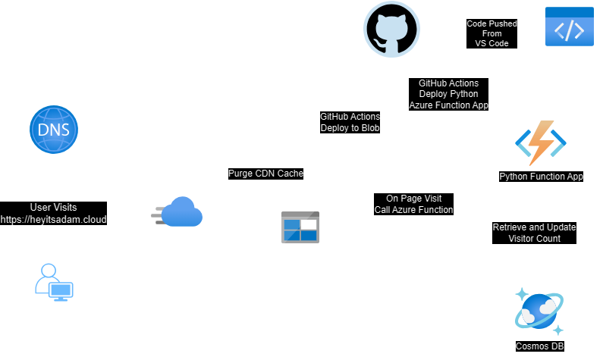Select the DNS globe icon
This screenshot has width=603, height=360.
click(x=53, y=130)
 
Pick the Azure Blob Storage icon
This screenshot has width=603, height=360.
click(x=300, y=227)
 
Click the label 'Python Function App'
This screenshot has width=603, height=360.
click(x=541, y=177)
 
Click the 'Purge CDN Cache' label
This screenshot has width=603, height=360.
click(x=265, y=174)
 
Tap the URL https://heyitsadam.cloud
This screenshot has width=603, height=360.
click(x=53, y=219)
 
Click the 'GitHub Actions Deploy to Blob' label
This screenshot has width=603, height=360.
click(x=350, y=123)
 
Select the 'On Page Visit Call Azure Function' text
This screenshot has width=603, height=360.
click(x=413, y=204)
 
